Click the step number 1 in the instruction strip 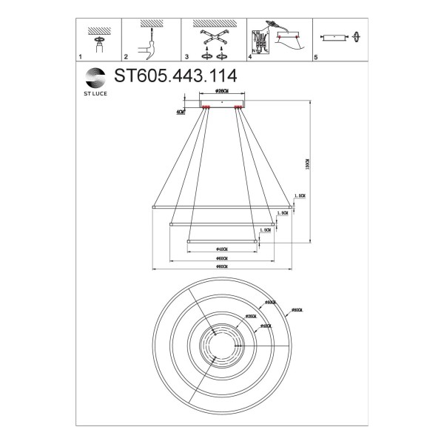click(x=81, y=56)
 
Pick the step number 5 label click(x=316, y=56)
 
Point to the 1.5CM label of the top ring click(x=300, y=197)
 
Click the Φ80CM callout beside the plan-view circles click(x=297, y=310)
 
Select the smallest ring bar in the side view click(x=221, y=240)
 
